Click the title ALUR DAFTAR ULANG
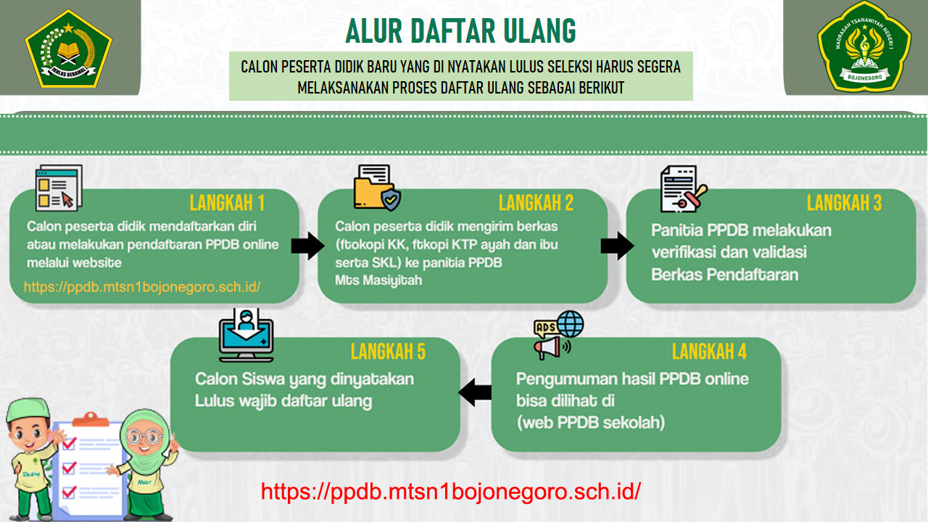coord(461,30)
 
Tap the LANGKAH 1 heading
coord(227,202)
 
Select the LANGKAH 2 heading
coord(536,203)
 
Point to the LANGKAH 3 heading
coord(844,203)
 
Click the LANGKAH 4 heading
coord(709,352)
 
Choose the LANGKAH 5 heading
coord(388,352)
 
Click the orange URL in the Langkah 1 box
coord(142,287)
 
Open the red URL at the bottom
coord(451,492)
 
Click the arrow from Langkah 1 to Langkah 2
coord(307,246)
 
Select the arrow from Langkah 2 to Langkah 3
coord(617,246)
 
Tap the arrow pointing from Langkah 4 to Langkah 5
coord(476,392)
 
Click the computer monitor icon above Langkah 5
coord(246,334)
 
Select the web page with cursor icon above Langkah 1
coord(59,188)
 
